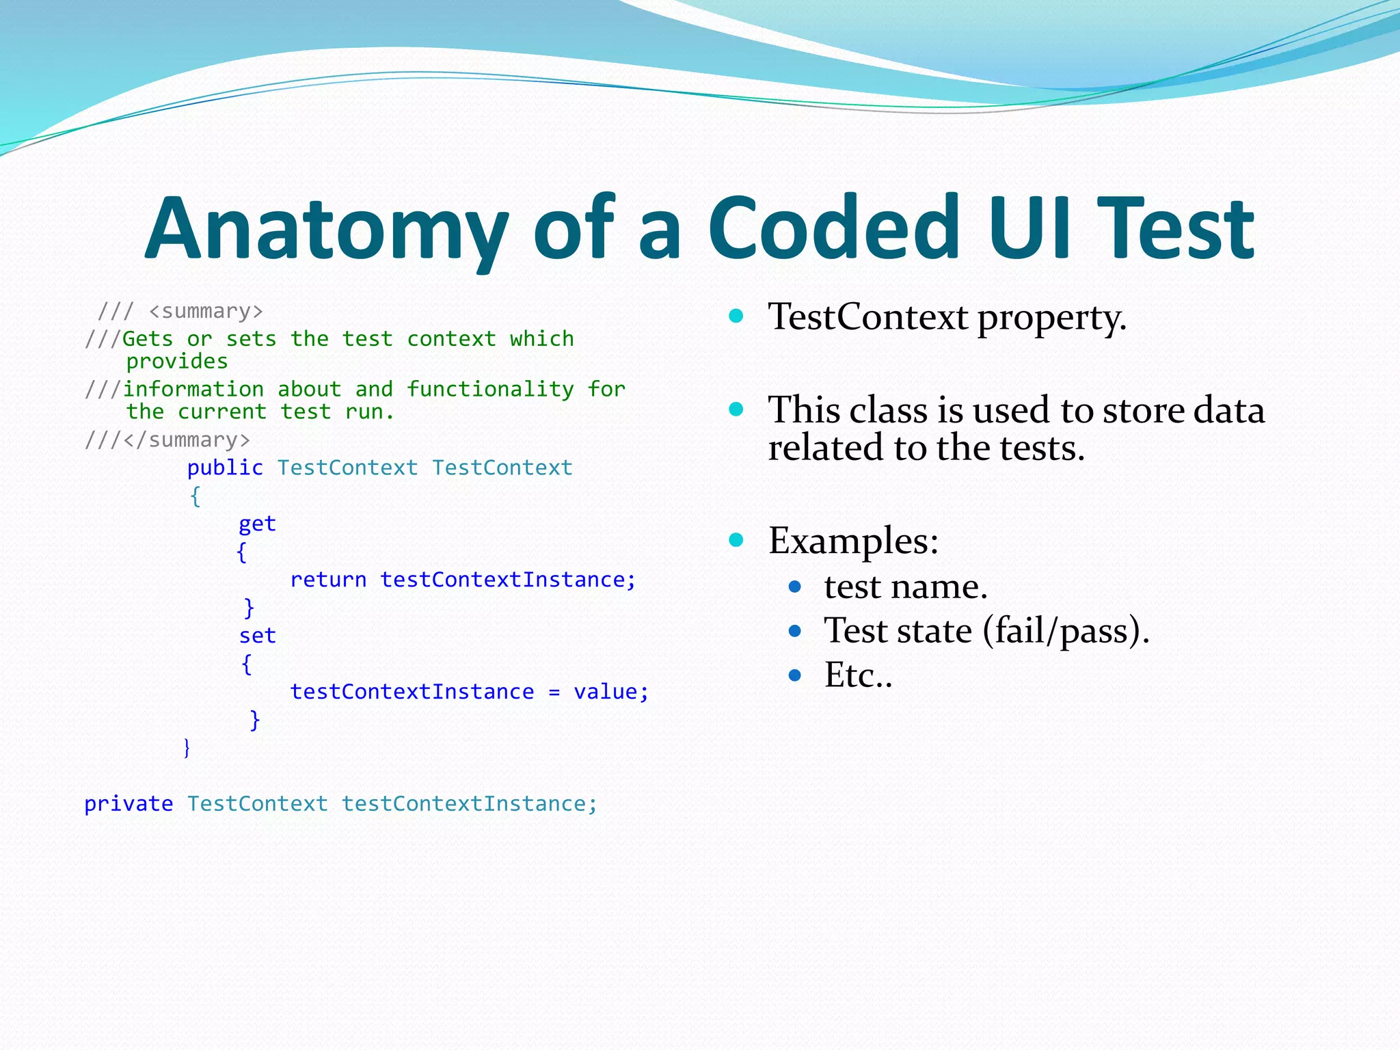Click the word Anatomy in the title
pos(327,229)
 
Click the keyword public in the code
pos(225,468)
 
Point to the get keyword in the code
pos(257,524)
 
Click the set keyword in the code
pos(257,636)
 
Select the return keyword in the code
pos(328,580)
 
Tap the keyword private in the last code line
pos(129,805)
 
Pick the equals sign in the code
pos(554,692)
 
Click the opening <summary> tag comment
pos(205,312)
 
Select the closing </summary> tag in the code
pos(187,440)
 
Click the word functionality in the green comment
pos(490,390)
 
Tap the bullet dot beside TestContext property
pos(736,316)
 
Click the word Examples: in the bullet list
pos(853,541)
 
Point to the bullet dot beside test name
pos(794,587)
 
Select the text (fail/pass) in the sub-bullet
pos(1066,630)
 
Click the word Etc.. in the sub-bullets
pos(858,675)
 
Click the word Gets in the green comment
pos(147,339)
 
